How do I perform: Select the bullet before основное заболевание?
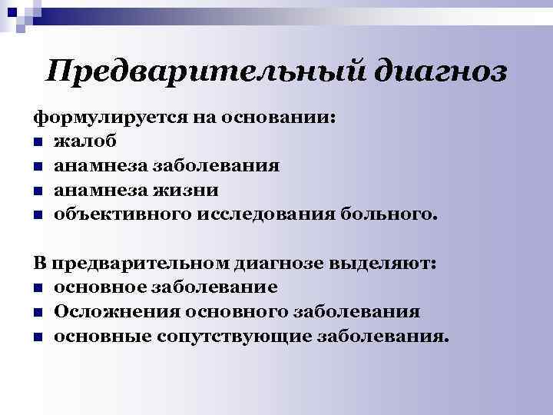[38, 289]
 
